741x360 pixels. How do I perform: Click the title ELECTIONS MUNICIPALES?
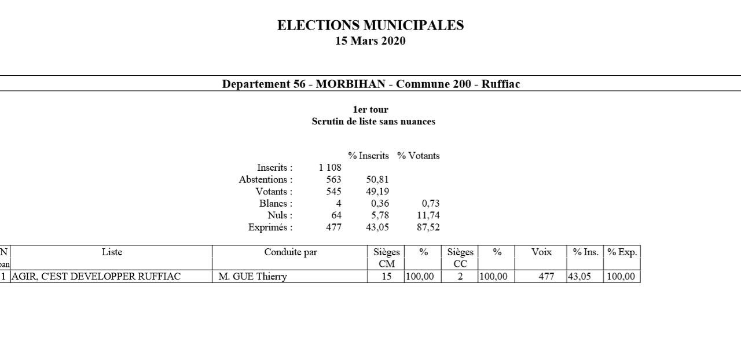click(370, 25)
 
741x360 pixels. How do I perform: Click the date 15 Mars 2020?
click(370, 41)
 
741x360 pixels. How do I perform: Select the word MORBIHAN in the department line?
click(350, 84)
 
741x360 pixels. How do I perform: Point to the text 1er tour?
click(370, 109)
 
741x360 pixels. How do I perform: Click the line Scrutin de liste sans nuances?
click(373, 122)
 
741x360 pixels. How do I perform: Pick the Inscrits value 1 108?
click(330, 168)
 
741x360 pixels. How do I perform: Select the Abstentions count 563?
click(333, 179)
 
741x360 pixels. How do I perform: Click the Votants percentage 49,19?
click(377, 192)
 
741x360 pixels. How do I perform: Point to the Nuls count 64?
click(336, 215)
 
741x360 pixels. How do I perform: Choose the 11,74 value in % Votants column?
click(428, 215)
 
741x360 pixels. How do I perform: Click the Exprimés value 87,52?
click(428, 227)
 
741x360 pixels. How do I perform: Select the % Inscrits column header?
click(368, 156)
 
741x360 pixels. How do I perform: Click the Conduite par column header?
click(291, 252)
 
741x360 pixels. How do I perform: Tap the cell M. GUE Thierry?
click(252, 277)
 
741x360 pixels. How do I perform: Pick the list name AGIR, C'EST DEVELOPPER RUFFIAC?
click(96, 277)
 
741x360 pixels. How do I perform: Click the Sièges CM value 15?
click(386, 277)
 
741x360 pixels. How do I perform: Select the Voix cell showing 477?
click(546, 277)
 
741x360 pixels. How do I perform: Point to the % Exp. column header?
click(622, 252)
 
